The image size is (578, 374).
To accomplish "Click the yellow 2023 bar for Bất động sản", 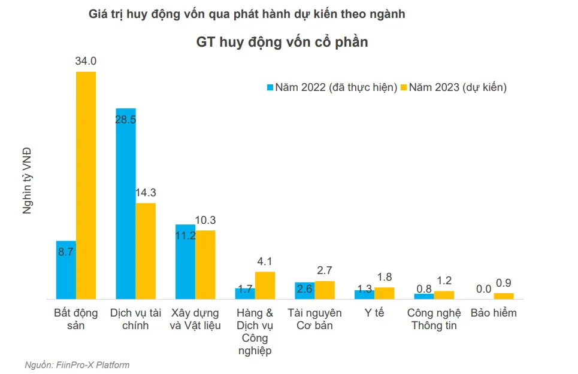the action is [x=86, y=185].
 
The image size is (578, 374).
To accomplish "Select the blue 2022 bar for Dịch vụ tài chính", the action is [x=126, y=203].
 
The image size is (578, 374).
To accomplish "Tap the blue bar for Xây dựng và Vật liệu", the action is [x=186, y=262].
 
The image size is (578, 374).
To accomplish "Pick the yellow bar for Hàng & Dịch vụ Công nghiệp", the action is [x=265, y=285].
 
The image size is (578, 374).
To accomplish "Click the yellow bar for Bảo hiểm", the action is [x=504, y=296].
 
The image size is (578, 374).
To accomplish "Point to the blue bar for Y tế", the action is [x=365, y=294].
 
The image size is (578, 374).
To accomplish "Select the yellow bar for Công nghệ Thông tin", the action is [x=444, y=295].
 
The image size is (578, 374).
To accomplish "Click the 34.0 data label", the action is [x=86, y=61].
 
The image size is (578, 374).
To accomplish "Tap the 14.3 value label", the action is [x=146, y=193].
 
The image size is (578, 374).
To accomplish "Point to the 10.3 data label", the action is [x=205, y=220].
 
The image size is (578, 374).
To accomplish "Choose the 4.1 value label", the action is [x=265, y=262].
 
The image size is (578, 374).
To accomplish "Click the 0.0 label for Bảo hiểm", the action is [x=483, y=289].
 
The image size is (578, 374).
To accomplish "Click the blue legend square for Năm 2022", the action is [x=270, y=87].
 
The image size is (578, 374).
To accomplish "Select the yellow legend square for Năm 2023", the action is [x=404, y=87].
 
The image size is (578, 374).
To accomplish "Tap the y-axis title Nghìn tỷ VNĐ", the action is [x=27, y=180].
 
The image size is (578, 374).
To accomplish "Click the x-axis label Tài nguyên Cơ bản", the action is [x=315, y=319].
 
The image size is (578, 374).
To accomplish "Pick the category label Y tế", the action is [x=374, y=313].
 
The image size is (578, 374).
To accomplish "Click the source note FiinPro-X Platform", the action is [x=92, y=365].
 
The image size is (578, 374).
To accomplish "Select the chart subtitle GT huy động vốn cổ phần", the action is [x=282, y=42].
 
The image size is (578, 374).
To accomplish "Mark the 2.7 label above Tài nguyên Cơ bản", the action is [x=325, y=270].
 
